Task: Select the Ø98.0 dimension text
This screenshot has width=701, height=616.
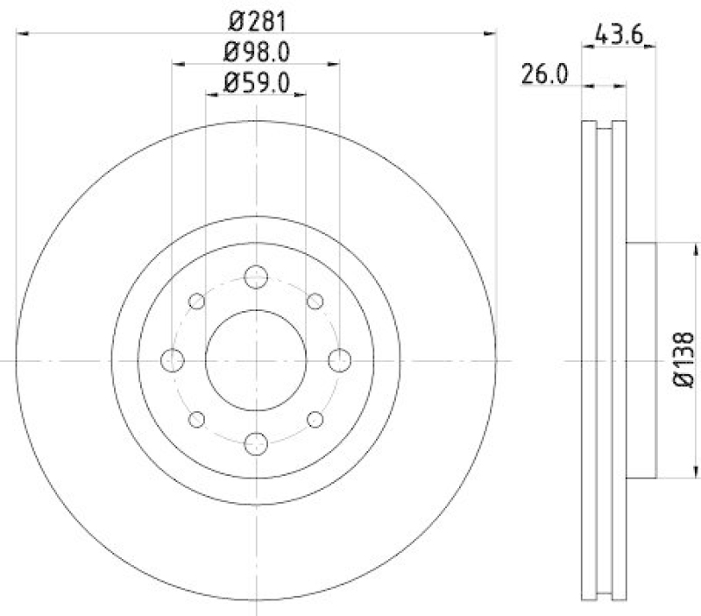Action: [x=256, y=51]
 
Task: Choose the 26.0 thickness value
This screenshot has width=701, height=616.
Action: [x=546, y=75]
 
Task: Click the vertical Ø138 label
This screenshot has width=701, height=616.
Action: [x=684, y=359]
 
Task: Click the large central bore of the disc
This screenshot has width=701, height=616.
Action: [x=256, y=359]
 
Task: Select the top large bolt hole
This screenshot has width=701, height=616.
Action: [x=256, y=278]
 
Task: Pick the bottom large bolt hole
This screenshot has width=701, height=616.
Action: [x=256, y=442]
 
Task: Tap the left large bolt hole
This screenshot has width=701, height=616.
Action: [x=173, y=359]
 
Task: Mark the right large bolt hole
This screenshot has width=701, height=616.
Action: [x=338, y=359]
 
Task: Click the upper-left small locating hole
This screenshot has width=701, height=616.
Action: [x=197, y=301]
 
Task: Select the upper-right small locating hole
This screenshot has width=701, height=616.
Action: [x=315, y=301]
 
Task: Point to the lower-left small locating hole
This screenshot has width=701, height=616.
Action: [x=197, y=418]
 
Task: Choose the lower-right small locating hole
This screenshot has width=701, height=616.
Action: [x=315, y=418]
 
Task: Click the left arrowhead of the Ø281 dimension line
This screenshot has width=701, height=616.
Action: [x=22, y=33]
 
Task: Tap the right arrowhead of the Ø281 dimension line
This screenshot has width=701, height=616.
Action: [x=491, y=33]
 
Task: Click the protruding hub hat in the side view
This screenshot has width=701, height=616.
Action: [x=641, y=359]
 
